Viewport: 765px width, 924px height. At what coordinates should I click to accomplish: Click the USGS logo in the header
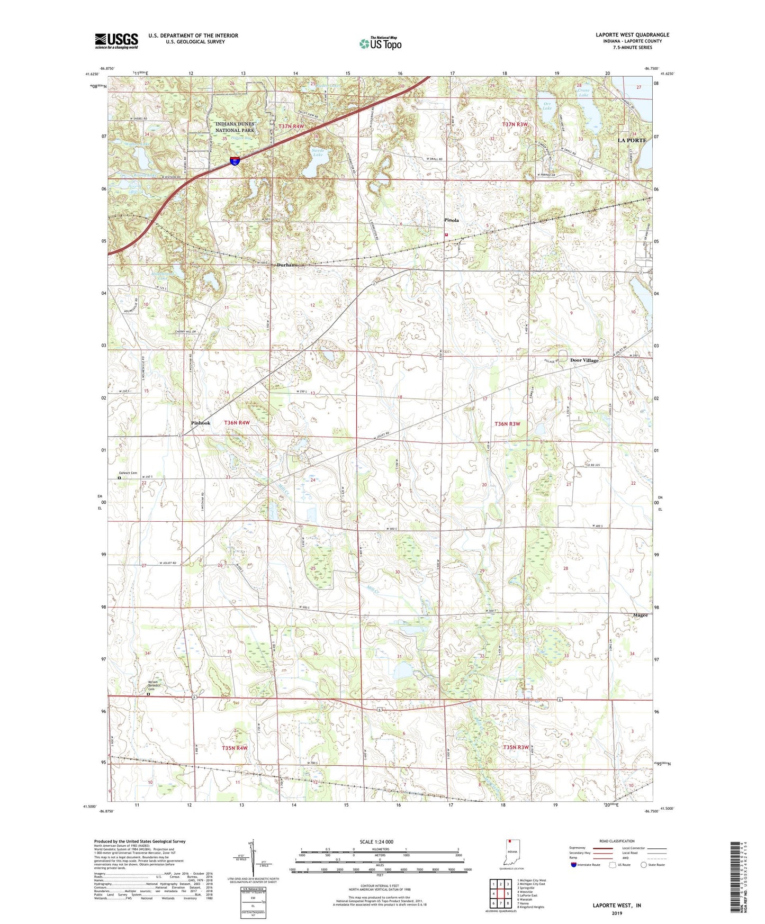(x=116, y=41)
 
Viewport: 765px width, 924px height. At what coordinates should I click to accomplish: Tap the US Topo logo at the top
(x=380, y=44)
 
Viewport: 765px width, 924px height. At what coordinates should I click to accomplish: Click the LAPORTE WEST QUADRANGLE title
(x=632, y=35)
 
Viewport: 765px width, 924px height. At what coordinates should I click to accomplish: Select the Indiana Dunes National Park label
(x=235, y=127)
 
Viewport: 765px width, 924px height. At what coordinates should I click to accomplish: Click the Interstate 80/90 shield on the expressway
(x=234, y=161)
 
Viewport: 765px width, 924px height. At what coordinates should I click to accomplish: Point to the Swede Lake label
(x=318, y=152)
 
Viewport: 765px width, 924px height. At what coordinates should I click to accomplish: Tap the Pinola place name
(x=451, y=220)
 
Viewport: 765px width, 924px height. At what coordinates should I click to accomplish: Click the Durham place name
(x=287, y=265)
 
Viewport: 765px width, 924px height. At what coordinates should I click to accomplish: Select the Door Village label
(x=584, y=360)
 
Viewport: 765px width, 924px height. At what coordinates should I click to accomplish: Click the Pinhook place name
(x=201, y=423)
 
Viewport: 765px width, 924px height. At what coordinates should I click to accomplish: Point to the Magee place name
(x=640, y=615)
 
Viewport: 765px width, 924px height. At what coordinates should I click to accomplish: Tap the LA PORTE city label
(x=632, y=140)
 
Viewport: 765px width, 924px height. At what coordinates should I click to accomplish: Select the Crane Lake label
(x=583, y=93)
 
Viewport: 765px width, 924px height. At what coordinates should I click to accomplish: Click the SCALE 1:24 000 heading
(x=379, y=841)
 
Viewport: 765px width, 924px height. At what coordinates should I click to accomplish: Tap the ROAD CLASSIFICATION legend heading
(x=617, y=841)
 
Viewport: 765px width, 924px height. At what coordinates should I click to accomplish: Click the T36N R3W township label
(x=507, y=424)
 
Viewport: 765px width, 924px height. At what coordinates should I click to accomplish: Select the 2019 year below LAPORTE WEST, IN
(x=617, y=913)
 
